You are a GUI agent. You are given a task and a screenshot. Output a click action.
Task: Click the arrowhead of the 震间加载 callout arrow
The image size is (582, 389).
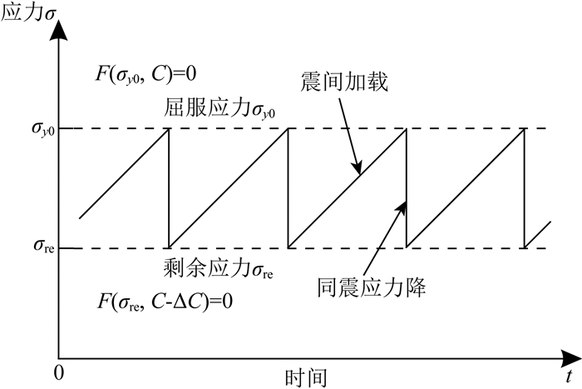359,172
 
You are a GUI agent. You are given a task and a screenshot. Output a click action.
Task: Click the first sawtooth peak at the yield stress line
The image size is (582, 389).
168,129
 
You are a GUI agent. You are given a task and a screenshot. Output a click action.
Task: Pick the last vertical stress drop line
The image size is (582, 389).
525,188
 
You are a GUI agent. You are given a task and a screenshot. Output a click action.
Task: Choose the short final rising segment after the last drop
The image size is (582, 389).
539,233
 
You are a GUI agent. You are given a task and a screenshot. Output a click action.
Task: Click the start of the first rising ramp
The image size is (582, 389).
80,218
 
